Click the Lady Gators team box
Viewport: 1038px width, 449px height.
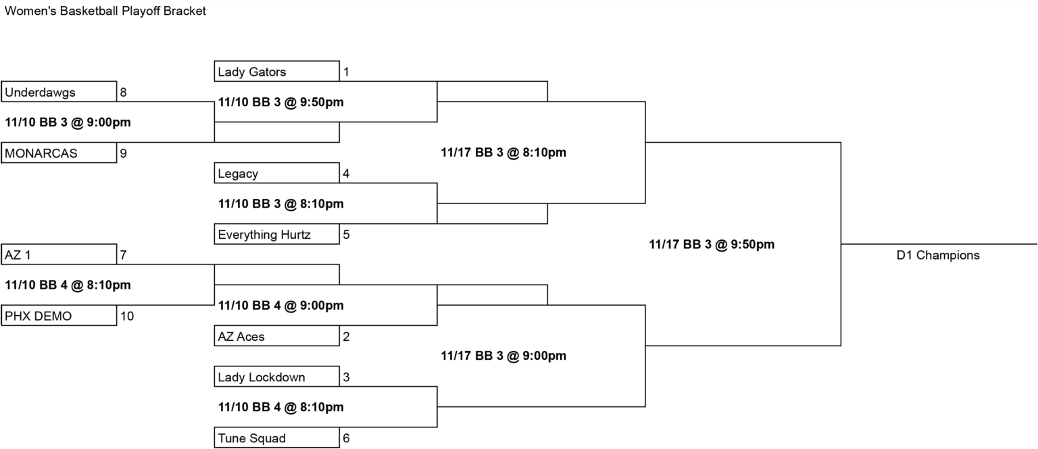point(276,71)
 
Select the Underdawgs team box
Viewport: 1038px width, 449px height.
point(59,91)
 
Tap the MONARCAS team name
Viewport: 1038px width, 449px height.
point(41,153)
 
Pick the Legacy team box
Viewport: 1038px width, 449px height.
point(276,172)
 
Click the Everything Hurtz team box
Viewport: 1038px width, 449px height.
point(276,234)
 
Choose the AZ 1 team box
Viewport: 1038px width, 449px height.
point(59,254)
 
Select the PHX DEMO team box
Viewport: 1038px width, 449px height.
point(59,315)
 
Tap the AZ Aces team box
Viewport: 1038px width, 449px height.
point(276,336)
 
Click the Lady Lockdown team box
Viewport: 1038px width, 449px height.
point(276,376)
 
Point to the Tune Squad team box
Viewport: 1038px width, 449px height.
point(276,438)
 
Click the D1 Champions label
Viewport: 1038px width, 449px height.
point(938,255)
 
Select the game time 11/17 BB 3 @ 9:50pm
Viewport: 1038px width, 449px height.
point(712,244)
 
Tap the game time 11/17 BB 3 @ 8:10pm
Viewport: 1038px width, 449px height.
point(503,153)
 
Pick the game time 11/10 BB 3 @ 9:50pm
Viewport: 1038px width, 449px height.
point(281,102)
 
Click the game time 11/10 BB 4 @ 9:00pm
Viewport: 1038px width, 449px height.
point(281,305)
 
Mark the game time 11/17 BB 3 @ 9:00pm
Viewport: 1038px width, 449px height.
point(503,356)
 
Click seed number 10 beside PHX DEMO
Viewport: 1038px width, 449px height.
point(127,316)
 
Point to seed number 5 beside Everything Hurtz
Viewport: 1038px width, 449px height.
point(346,234)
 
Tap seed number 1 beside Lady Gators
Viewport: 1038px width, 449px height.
point(346,72)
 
